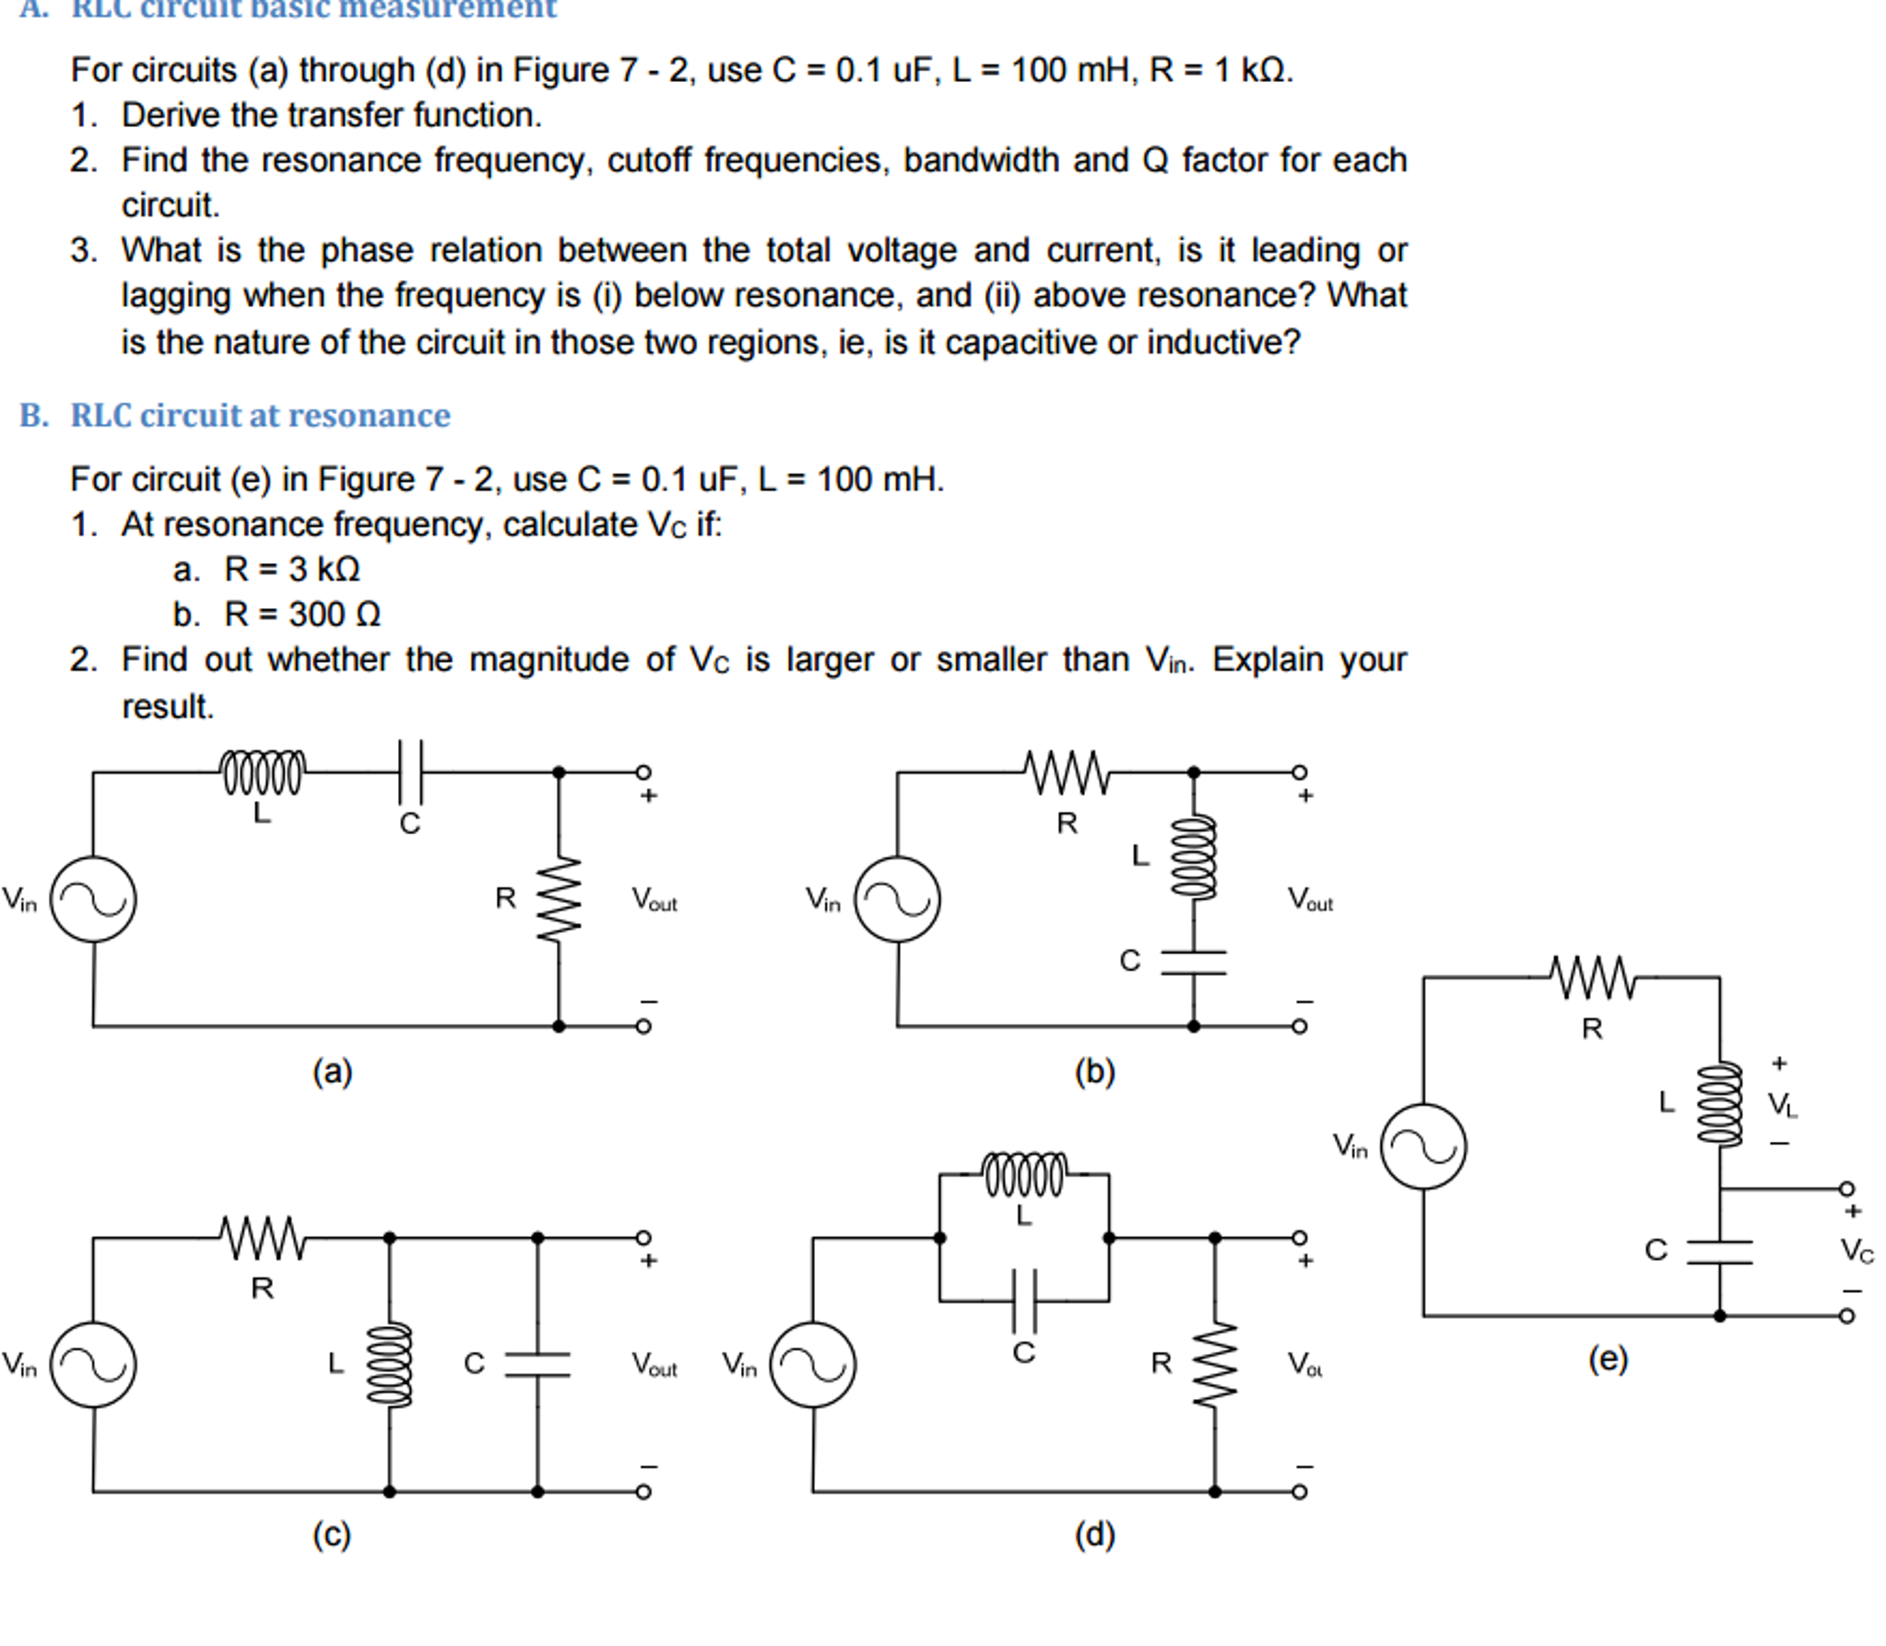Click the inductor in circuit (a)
[262, 772]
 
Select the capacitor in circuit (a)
[409, 772]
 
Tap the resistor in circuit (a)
[559, 899]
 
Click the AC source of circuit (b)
[897, 899]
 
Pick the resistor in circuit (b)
[1067, 772]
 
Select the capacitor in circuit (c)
[537, 1364]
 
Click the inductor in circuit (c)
[389, 1364]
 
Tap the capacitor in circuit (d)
[1024, 1300]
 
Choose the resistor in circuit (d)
[1214, 1364]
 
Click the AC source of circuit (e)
[1423, 1146]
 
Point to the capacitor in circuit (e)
[1719, 1252]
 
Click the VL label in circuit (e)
[1781, 1104]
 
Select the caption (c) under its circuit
[332, 1534]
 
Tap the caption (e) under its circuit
[1608, 1358]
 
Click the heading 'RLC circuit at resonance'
[260, 416]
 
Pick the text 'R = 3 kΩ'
[291, 570]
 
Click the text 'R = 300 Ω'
[301, 615]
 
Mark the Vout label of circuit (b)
[1309, 899]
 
